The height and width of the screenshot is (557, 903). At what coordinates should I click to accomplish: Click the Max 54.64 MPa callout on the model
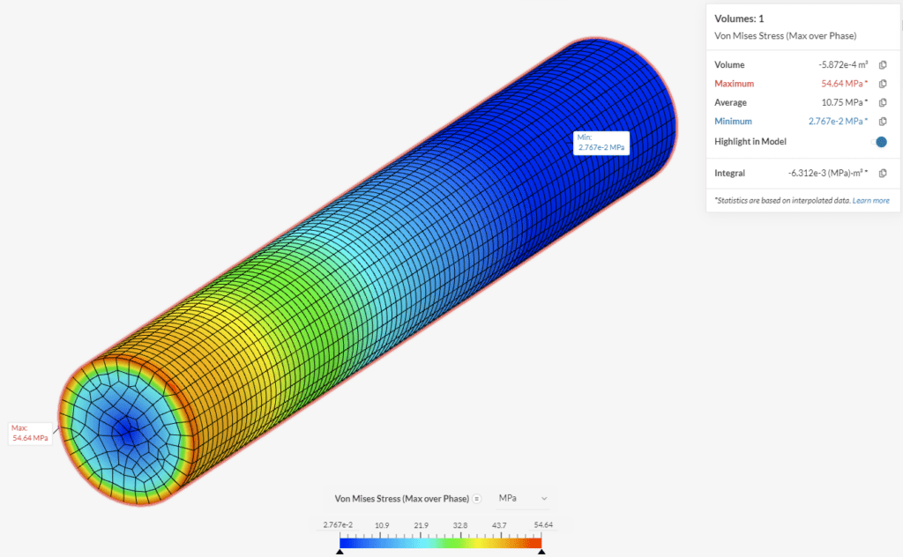(x=30, y=433)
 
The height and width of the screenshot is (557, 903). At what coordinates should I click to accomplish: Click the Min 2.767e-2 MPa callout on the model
(x=601, y=143)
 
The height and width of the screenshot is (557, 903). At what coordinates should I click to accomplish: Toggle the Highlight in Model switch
(x=879, y=142)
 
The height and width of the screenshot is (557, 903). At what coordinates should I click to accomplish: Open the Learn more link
(x=870, y=201)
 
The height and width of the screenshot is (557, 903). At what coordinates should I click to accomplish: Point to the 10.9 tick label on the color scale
(x=382, y=525)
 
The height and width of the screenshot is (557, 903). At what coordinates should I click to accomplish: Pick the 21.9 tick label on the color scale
(x=421, y=525)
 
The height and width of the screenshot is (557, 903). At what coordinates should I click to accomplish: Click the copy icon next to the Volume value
(x=883, y=65)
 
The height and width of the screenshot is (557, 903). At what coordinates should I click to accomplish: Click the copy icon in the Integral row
(x=883, y=174)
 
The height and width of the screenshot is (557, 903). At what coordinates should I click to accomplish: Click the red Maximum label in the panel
(x=734, y=84)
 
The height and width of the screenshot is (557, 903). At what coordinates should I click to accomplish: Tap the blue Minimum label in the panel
(x=733, y=122)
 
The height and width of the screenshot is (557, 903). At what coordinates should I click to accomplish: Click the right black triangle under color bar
(x=541, y=552)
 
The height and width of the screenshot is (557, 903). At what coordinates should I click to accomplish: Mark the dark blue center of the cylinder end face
(x=129, y=432)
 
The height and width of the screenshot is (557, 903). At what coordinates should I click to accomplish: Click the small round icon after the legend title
(x=477, y=499)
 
